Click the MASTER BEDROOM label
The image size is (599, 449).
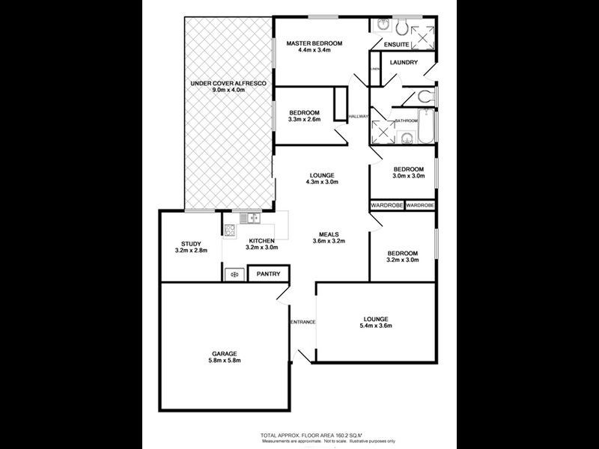point(314,44)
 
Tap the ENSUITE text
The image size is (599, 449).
point(395,45)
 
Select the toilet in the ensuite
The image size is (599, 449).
point(402,28)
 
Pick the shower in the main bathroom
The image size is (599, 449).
point(383,131)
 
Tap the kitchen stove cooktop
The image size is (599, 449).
point(231,230)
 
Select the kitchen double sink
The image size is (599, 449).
point(250,218)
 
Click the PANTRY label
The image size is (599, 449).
point(268,275)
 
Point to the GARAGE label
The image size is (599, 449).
point(224,353)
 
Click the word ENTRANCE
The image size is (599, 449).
point(303,322)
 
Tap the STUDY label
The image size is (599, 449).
point(190,243)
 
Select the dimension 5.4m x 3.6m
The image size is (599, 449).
point(377,326)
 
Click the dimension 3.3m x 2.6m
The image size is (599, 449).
point(305,119)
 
